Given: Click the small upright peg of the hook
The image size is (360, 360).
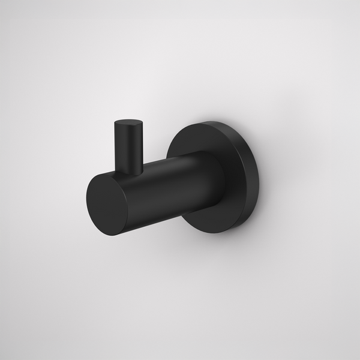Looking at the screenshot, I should click(x=128, y=147).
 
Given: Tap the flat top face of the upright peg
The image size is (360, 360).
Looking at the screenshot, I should click(x=128, y=124).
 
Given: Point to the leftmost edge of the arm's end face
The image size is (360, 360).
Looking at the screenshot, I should click(x=86, y=201).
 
